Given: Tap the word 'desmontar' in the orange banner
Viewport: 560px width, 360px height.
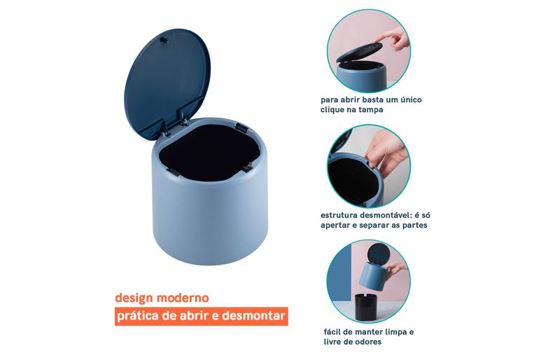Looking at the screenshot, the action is pyautogui.click(x=253, y=316).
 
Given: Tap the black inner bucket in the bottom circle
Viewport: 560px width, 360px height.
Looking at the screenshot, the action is pyautogui.click(x=368, y=307).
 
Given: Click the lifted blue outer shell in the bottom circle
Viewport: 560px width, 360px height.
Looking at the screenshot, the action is pyautogui.click(x=373, y=275).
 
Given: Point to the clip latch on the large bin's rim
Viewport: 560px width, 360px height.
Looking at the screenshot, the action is pyautogui.click(x=241, y=126).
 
